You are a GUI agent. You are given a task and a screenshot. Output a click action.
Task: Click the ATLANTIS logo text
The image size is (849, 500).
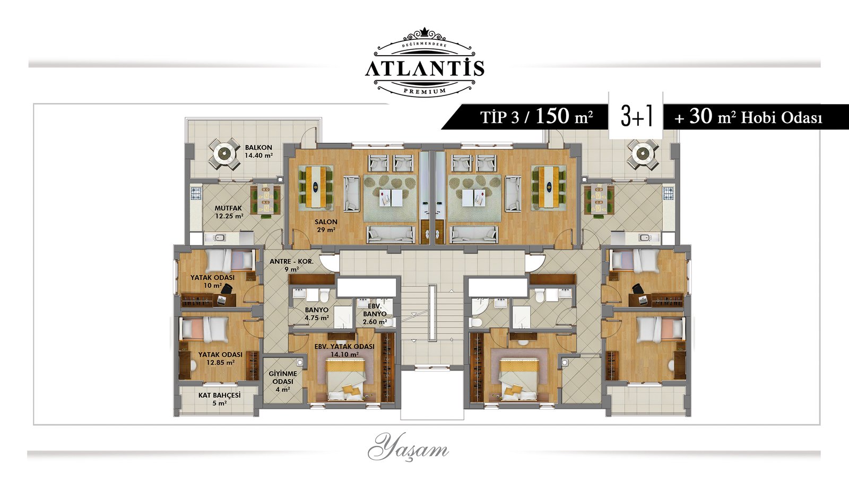[424, 68]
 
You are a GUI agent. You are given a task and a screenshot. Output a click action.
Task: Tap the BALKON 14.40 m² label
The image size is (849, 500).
[258, 151]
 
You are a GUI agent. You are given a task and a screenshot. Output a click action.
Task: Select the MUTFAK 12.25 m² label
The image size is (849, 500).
[229, 212]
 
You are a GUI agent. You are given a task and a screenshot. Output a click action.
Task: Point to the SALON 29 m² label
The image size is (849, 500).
[326, 226]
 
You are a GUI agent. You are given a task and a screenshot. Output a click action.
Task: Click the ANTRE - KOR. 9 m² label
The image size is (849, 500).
[291, 265]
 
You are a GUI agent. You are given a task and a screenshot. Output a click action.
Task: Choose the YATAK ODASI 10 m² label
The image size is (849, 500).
[212, 281]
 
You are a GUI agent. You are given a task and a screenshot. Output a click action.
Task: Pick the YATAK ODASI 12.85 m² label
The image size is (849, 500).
[220, 359]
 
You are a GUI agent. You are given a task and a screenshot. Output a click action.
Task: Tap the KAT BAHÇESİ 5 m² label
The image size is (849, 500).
[220, 399]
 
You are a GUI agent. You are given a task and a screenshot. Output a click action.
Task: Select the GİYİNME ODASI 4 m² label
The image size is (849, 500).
[283, 381]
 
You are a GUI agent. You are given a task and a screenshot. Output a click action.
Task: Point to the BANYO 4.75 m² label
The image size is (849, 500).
[316, 314]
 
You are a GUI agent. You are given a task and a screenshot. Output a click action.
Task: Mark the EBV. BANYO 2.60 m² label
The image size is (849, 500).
[375, 314]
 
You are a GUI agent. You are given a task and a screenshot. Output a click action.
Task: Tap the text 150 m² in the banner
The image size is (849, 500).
[565, 116]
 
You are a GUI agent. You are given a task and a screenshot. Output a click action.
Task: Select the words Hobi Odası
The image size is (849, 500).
[782, 118]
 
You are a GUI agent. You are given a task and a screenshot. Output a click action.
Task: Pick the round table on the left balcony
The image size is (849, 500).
[224, 153]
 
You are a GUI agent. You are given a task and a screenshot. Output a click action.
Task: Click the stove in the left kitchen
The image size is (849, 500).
[196, 193]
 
